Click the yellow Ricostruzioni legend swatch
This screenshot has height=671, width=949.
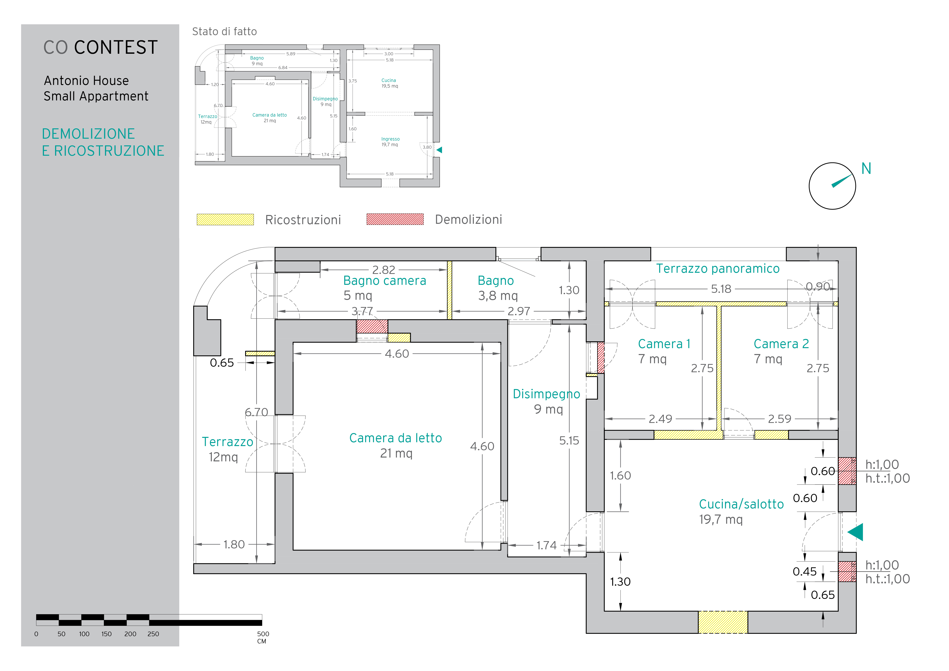[x=225, y=220]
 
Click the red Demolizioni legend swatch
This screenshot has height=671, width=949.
[x=395, y=219]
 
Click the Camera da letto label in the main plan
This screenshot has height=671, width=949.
[x=396, y=438]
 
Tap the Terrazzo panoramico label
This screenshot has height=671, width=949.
[x=718, y=269]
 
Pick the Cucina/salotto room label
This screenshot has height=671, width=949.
[x=741, y=504]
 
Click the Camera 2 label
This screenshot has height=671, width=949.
[x=781, y=344]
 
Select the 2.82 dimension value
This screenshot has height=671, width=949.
[x=384, y=270]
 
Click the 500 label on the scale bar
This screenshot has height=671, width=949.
[x=263, y=634]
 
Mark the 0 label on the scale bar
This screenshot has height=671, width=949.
[x=36, y=634]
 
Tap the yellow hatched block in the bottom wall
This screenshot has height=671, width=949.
[x=723, y=622]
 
